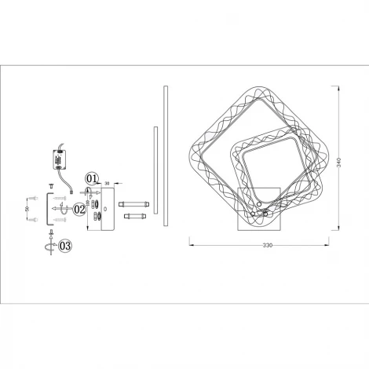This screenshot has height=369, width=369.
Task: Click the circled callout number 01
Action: point(92,178)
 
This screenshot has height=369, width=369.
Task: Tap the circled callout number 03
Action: point(64,246)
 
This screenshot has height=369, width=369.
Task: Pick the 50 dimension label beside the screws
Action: point(26,209)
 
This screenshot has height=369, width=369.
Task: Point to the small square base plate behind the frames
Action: point(258,207)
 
